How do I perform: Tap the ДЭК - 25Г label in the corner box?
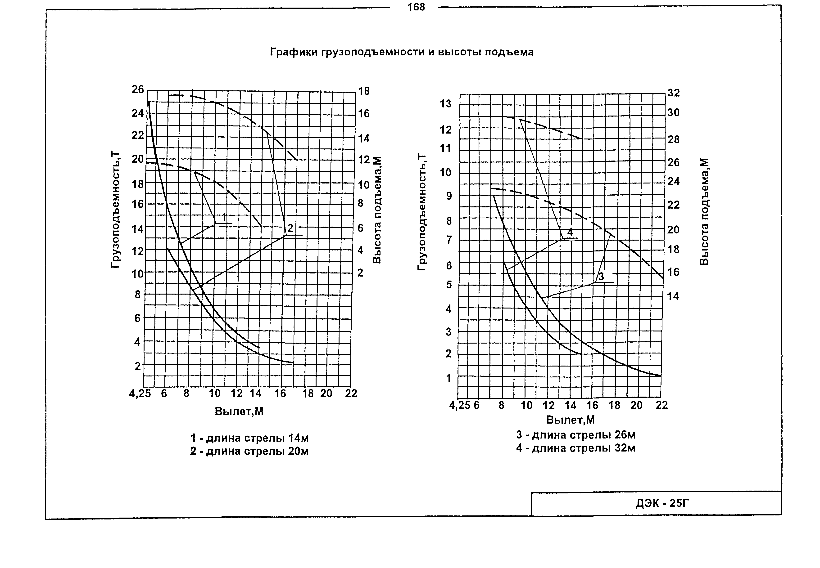click(662, 503)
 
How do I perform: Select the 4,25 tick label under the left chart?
click(140, 394)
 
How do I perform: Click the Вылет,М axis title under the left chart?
click(239, 411)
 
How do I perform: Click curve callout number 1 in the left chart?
click(224, 217)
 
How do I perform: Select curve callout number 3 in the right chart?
click(601, 277)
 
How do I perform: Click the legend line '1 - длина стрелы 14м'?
click(249, 438)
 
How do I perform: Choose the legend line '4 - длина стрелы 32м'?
click(576, 448)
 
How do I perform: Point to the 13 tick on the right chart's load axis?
click(445, 104)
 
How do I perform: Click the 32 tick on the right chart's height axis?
click(674, 93)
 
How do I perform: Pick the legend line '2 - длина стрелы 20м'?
click(249, 451)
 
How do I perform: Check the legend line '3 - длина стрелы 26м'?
click(576, 435)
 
